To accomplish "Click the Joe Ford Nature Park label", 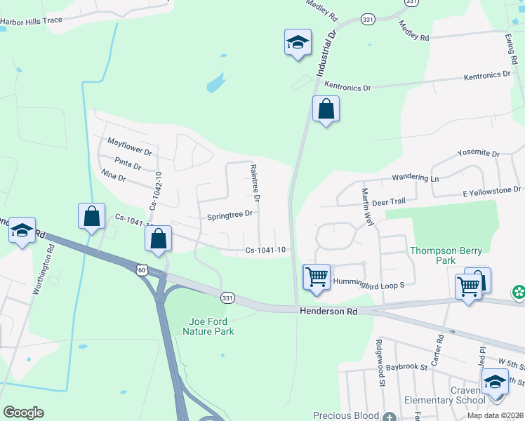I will [x=211, y=326].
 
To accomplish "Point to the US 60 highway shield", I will [x=142, y=270].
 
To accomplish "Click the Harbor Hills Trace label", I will [x=32, y=21].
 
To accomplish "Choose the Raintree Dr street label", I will [x=255, y=183].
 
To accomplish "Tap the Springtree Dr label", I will [x=230, y=216].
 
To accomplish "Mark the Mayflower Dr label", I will [x=130, y=146].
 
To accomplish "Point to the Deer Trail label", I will [x=389, y=201].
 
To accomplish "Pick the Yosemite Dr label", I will [x=477, y=153].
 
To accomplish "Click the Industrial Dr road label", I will [x=327, y=56].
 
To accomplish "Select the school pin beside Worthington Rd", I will [x=22, y=231].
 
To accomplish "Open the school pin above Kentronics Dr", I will [x=298, y=42].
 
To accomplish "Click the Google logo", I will [x=23, y=413].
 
